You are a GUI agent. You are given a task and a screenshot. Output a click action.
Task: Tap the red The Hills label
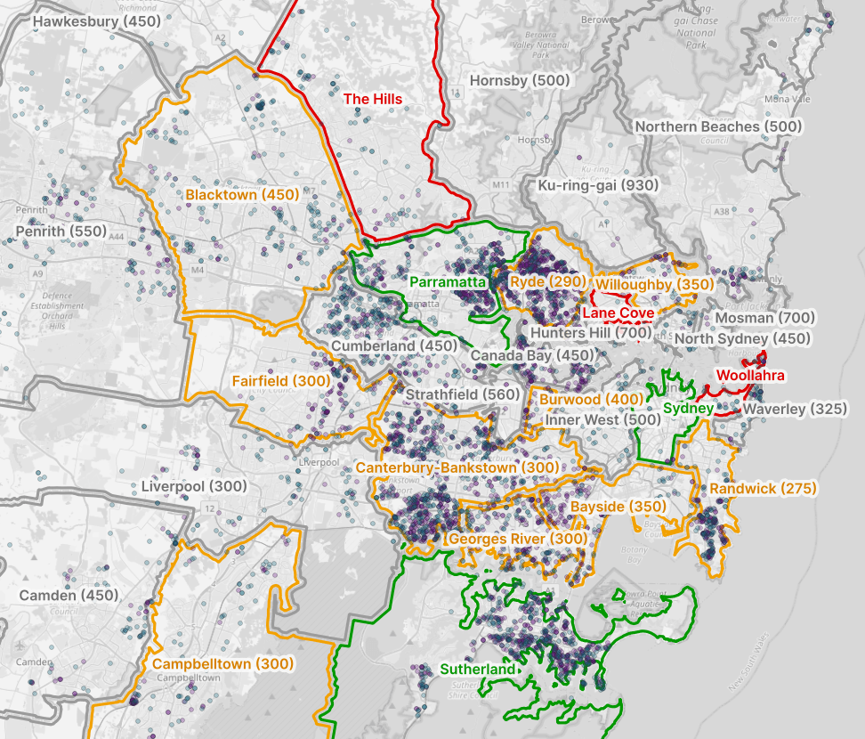(373, 99)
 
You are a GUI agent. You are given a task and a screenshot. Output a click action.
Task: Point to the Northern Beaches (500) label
(719, 127)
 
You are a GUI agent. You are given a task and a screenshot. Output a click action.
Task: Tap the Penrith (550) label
(61, 231)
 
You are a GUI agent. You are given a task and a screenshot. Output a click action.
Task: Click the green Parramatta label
(447, 282)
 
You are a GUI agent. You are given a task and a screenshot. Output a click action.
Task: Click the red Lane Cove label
(618, 313)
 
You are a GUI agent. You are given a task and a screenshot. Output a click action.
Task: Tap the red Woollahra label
(751, 376)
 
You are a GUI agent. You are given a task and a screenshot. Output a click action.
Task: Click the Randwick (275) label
(763, 489)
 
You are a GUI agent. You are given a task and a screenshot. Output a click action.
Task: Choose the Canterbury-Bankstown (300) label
(457, 467)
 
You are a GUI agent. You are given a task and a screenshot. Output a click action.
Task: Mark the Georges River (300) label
(518, 539)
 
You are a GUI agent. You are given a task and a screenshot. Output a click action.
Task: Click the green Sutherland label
(477, 669)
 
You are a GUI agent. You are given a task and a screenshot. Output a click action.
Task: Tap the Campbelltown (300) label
(222, 664)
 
